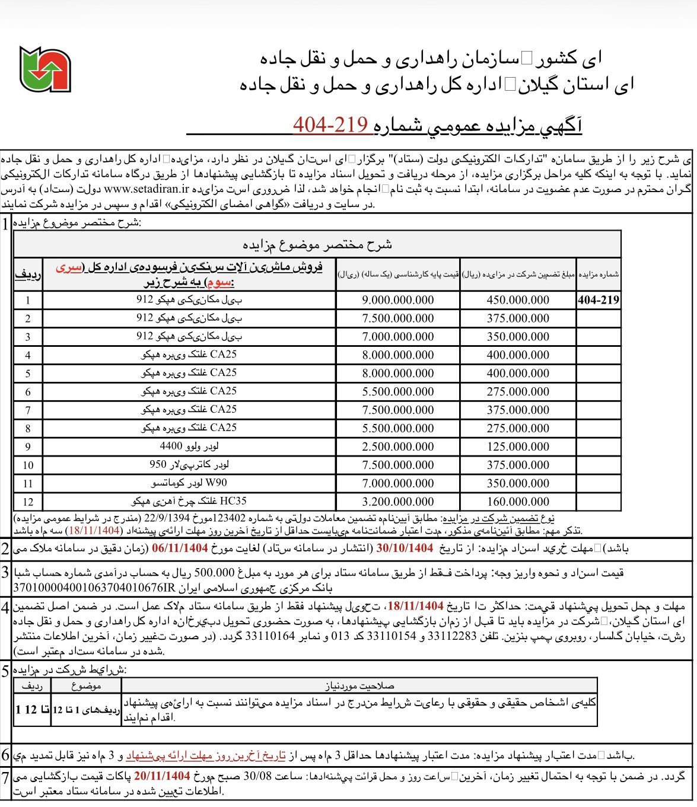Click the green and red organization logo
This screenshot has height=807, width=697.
(x=45, y=69)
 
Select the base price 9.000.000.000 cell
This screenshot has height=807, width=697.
(x=398, y=300)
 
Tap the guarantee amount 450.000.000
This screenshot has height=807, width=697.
(x=518, y=300)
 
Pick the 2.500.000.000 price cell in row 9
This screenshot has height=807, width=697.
(x=398, y=446)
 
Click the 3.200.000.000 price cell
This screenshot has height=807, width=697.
(x=398, y=502)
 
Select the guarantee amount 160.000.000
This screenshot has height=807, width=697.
(x=518, y=502)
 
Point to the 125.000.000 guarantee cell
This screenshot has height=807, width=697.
(x=518, y=446)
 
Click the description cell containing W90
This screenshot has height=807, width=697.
(x=189, y=483)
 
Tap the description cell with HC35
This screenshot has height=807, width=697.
(x=189, y=501)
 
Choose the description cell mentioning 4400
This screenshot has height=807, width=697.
(x=189, y=446)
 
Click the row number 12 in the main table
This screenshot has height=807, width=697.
(x=28, y=502)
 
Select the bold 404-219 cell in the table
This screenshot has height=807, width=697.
(x=598, y=300)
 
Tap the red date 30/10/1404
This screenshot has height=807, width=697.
(x=405, y=548)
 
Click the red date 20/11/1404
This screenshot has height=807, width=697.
(x=162, y=776)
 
